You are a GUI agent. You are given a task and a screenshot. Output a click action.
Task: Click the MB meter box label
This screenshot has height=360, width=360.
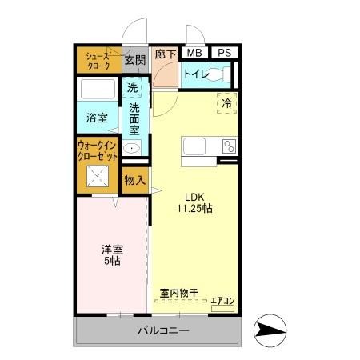tap(192, 53)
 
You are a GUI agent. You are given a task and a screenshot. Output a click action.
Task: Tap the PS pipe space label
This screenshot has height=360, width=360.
tap(225, 53)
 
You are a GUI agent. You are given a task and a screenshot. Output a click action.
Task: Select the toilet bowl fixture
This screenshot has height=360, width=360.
tap(223, 74)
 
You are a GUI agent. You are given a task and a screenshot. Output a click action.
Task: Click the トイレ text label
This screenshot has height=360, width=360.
tap(196, 74)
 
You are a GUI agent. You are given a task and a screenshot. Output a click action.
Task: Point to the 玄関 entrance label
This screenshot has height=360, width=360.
tap(135, 59)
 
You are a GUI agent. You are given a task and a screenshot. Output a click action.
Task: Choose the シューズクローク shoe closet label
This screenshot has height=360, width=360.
tap(98, 60)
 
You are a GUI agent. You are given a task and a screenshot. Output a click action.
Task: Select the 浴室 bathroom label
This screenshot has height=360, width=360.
tap(98, 117)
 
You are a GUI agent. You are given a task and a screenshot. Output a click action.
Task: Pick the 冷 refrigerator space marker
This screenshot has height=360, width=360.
tap(226, 103)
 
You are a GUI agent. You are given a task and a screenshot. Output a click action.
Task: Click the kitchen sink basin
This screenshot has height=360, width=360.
tap(195, 146)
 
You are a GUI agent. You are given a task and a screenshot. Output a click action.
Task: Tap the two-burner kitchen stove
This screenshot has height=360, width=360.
tap(229, 146)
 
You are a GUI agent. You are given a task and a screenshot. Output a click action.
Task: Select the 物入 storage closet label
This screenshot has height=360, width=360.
tap(134, 181)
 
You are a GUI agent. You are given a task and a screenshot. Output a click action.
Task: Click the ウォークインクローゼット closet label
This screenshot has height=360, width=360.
tap(98, 151)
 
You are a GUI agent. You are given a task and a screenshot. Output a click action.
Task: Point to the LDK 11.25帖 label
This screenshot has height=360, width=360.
tap(194, 202)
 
